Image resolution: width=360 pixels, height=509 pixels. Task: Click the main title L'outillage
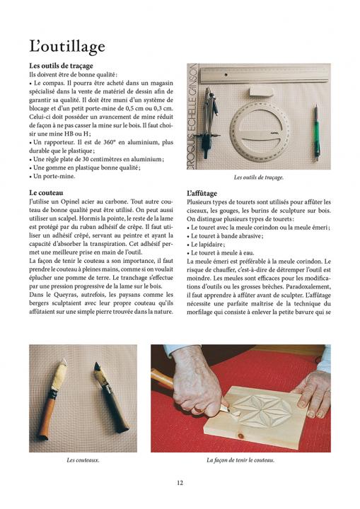click(x=67, y=47)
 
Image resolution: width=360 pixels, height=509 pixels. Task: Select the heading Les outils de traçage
click(x=61, y=66)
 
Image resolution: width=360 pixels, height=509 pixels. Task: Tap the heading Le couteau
click(x=46, y=193)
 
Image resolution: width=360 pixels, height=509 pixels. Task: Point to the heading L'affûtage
click(x=202, y=194)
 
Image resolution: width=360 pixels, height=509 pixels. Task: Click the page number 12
click(x=180, y=483)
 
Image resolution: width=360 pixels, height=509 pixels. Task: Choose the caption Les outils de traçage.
click(x=259, y=177)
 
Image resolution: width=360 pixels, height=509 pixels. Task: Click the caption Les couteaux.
click(x=83, y=460)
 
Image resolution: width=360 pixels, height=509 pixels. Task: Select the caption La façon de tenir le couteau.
click(x=240, y=460)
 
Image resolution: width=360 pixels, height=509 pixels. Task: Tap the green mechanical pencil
click(x=316, y=132)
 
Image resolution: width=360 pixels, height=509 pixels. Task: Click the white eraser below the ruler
click(x=261, y=91)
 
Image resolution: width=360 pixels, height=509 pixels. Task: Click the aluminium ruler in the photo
click(x=265, y=75)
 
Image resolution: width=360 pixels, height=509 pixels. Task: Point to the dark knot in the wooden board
click(x=240, y=435)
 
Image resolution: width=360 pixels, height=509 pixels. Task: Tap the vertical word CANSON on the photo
click(x=192, y=78)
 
